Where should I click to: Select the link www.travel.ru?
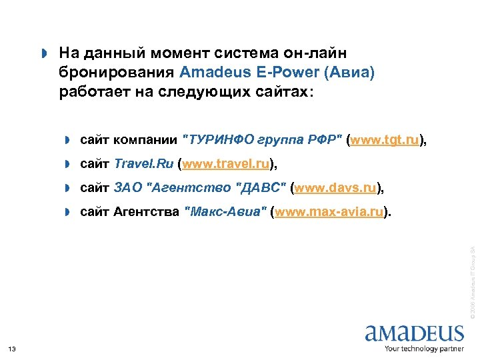pyautogui.click(x=227, y=164)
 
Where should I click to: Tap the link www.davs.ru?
pyautogui.click(x=335, y=189)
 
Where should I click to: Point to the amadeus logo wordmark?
pyautogui.click(x=414, y=333)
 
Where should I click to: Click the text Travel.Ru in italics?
pyautogui.click(x=143, y=164)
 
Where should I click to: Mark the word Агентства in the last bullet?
pyautogui.click(x=147, y=213)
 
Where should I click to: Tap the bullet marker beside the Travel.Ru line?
pyautogui.click(x=67, y=165)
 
